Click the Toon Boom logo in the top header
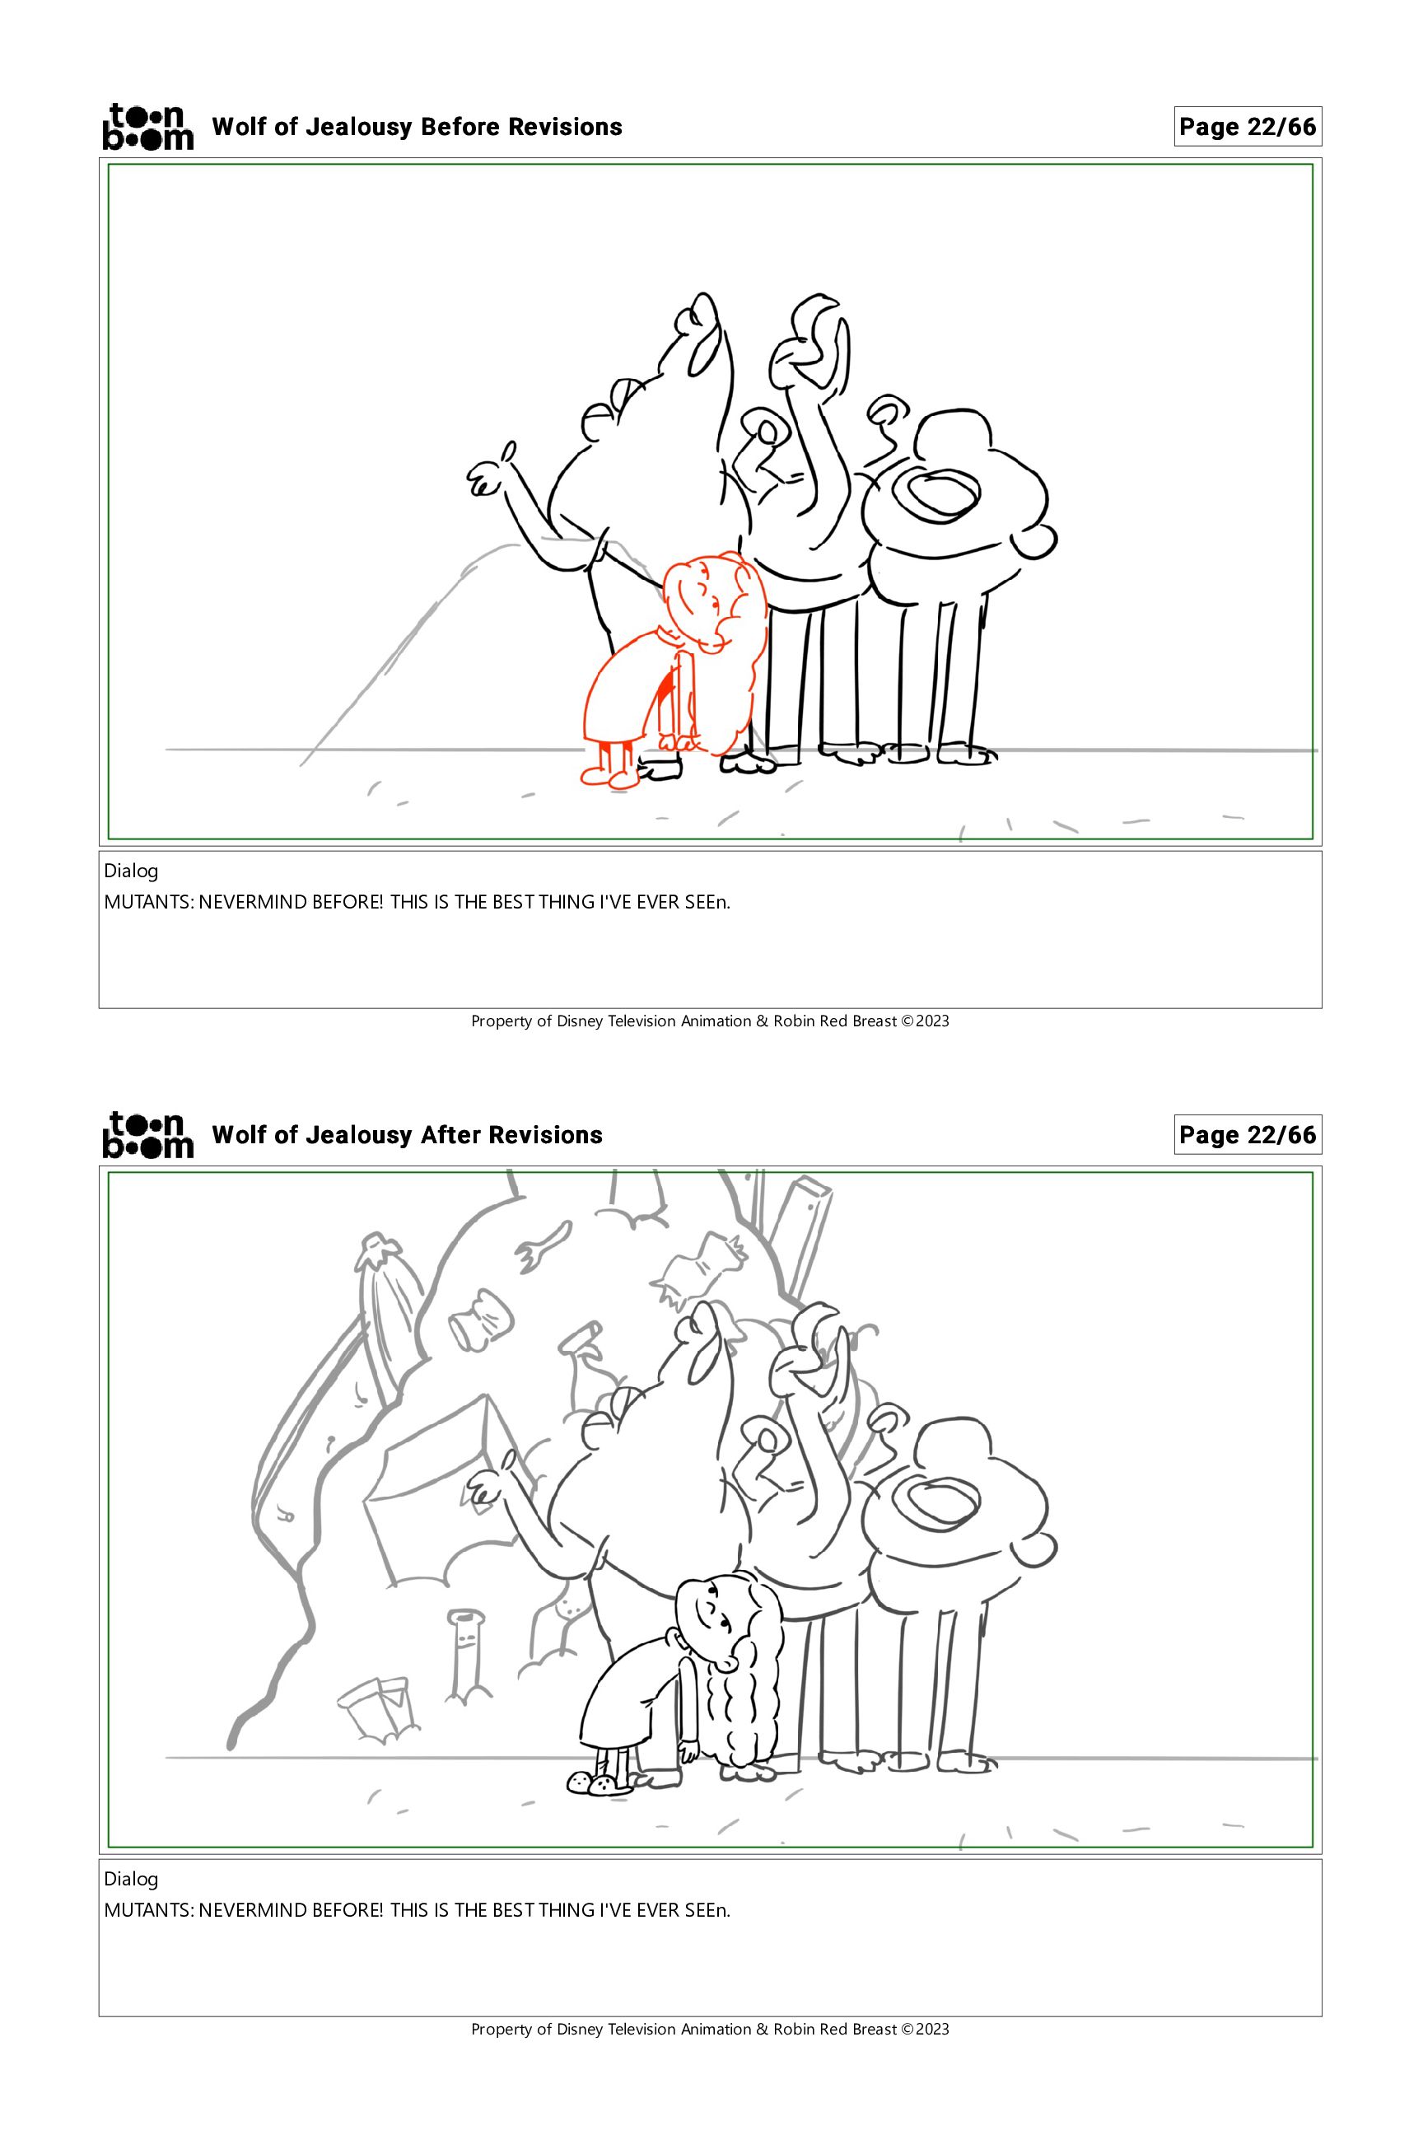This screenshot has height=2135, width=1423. click(x=148, y=126)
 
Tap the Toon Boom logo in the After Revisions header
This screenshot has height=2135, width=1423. click(x=148, y=1135)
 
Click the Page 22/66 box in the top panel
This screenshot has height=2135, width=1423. click(x=1248, y=127)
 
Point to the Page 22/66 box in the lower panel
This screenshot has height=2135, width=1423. click(x=1248, y=1135)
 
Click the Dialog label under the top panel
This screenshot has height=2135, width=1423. click(x=131, y=871)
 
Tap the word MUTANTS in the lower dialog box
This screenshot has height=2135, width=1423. click(x=147, y=1910)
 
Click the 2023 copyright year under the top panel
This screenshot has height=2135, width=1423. click(x=932, y=1021)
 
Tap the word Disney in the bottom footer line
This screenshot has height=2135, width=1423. click(x=577, y=2029)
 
